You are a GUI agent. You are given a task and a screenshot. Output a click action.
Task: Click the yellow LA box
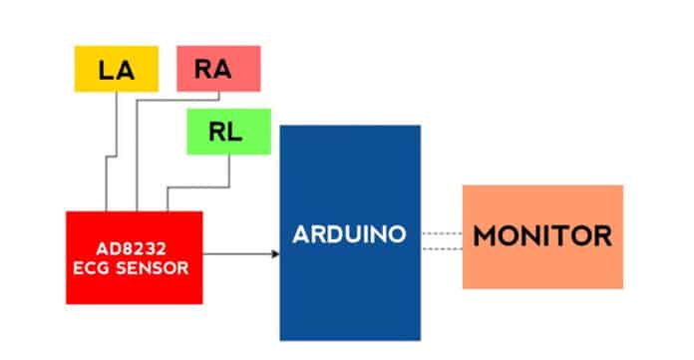[x=117, y=69]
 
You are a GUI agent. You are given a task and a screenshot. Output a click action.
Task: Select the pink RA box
[x=217, y=69]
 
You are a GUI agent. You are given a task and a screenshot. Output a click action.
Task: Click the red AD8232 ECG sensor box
[x=134, y=257]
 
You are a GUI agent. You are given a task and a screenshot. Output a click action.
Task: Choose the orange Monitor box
[x=541, y=236]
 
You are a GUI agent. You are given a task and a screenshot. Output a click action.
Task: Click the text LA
[x=117, y=70]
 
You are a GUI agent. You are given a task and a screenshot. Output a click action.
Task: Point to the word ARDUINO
[x=349, y=235]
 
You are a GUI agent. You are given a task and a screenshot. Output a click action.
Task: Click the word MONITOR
[x=541, y=237]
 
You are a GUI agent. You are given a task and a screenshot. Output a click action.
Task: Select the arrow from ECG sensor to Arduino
[x=239, y=253]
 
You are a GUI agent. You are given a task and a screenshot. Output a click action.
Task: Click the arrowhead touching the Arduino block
[x=274, y=253]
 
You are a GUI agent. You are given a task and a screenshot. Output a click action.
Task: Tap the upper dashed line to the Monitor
[x=441, y=232]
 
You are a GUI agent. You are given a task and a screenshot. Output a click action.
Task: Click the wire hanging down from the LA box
[x=118, y=130]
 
